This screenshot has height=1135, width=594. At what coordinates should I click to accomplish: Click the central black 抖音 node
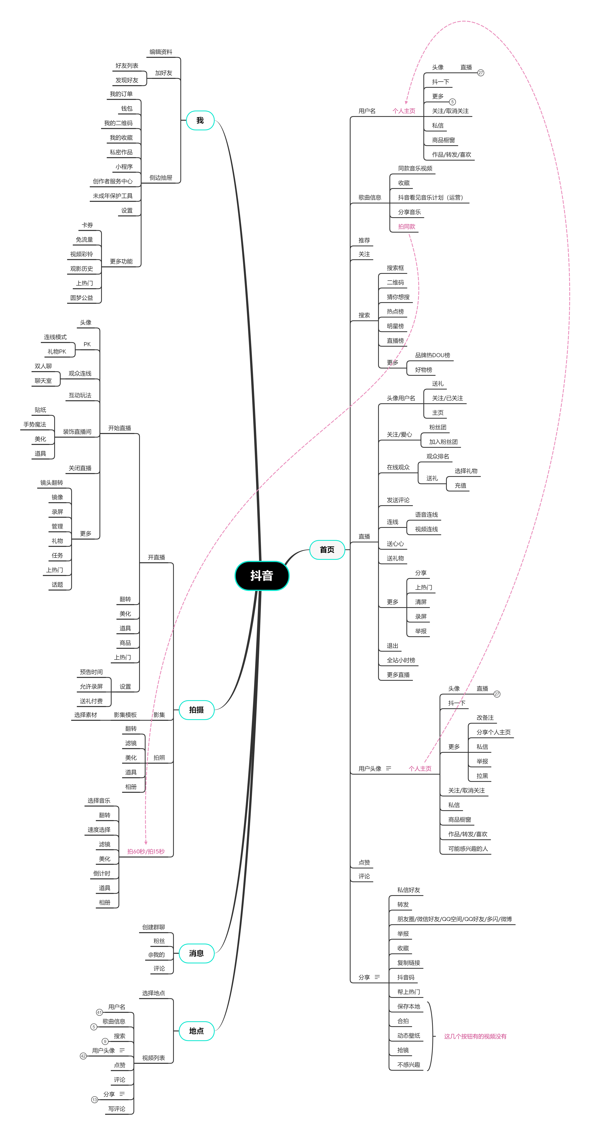pos(262,575)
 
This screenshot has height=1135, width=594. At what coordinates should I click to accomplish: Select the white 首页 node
pos(327,550)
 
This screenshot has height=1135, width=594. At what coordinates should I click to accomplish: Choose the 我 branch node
pos(200,120)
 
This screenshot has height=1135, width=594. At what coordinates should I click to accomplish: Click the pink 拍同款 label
pos(406,227)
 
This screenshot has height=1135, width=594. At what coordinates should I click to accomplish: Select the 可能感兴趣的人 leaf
pos(468,849)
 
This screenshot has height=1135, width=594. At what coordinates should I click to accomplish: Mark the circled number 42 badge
pos(83,1056)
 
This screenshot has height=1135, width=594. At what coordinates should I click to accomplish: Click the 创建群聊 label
pos(153,927)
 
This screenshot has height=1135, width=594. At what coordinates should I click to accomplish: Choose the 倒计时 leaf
pos(102,873)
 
